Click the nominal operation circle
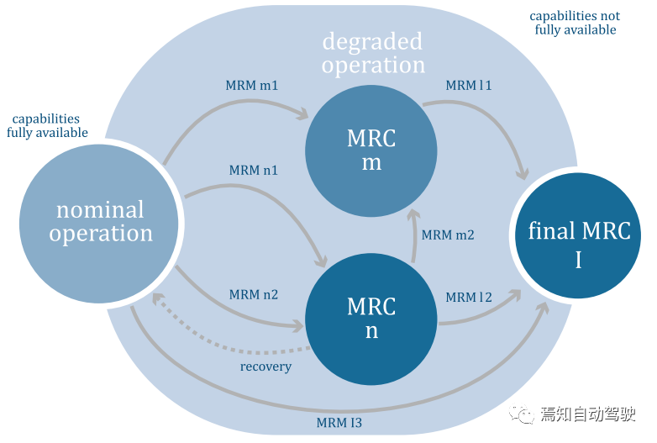point(99,224)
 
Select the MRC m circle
point(371,150)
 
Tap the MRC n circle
point(371,319)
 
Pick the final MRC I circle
point(578,235)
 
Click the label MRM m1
point(252,86)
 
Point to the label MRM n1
point(253,170)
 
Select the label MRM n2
point(254,295)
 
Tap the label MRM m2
point(448,235)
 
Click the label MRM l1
point(469,86)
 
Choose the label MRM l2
point(469,297)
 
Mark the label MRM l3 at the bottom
point(339,423)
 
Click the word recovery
point(265,367)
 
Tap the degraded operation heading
point(373,53)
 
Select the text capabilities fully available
point(47,126)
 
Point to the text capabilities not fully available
point(575,23)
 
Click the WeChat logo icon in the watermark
point(521,414)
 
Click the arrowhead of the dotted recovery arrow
point(157,298)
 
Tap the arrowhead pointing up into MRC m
point(413,214)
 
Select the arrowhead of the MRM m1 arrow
point(303,113)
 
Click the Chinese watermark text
point(588,414)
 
